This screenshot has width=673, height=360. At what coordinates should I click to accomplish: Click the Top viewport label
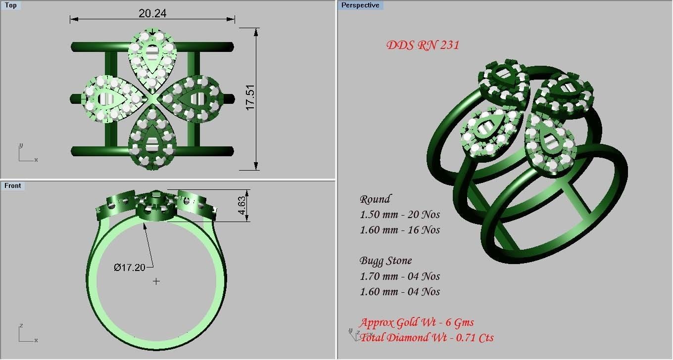tap(10, 5)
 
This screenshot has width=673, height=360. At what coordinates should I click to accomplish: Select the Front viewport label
tap(13, 185)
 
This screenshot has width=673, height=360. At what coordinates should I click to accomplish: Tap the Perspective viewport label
tap(360, 5)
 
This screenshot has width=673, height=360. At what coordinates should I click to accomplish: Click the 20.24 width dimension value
tap(152, 13)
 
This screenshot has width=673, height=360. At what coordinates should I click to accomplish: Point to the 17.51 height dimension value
tap(250, 97)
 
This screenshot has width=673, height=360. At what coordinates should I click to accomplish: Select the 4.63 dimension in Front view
tap(241, 205)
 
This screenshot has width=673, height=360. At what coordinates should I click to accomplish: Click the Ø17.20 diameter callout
tap(129, 268)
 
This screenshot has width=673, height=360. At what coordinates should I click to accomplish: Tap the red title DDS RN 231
tap(423, 45)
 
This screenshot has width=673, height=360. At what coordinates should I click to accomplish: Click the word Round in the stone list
tap(375, 199)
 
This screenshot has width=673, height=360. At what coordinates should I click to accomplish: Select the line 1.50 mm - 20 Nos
tap(399, 215)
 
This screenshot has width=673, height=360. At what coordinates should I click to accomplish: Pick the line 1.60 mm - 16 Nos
tap(399, 230)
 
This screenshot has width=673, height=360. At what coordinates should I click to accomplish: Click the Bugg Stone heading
tap(385, 261)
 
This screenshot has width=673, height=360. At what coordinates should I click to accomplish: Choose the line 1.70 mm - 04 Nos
tap(399, 276)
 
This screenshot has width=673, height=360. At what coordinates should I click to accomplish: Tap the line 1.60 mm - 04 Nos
tap(399, 292)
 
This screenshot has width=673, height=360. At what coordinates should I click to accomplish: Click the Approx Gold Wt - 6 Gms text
tap(417, 323)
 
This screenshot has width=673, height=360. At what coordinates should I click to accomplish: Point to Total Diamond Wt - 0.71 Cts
tap(427, 338)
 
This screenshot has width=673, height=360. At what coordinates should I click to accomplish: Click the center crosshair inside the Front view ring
tap(156, 281)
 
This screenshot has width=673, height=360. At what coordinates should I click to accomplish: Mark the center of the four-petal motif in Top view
tap(152, 99)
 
